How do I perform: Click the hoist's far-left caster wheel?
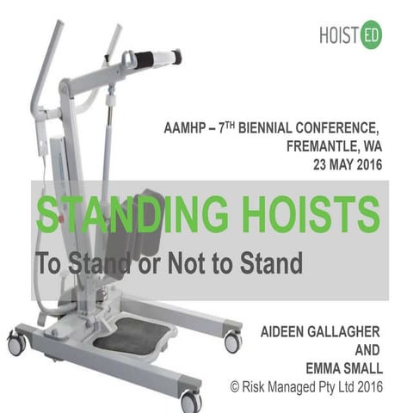[16, 345]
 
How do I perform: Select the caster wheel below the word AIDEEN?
[232, 342]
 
